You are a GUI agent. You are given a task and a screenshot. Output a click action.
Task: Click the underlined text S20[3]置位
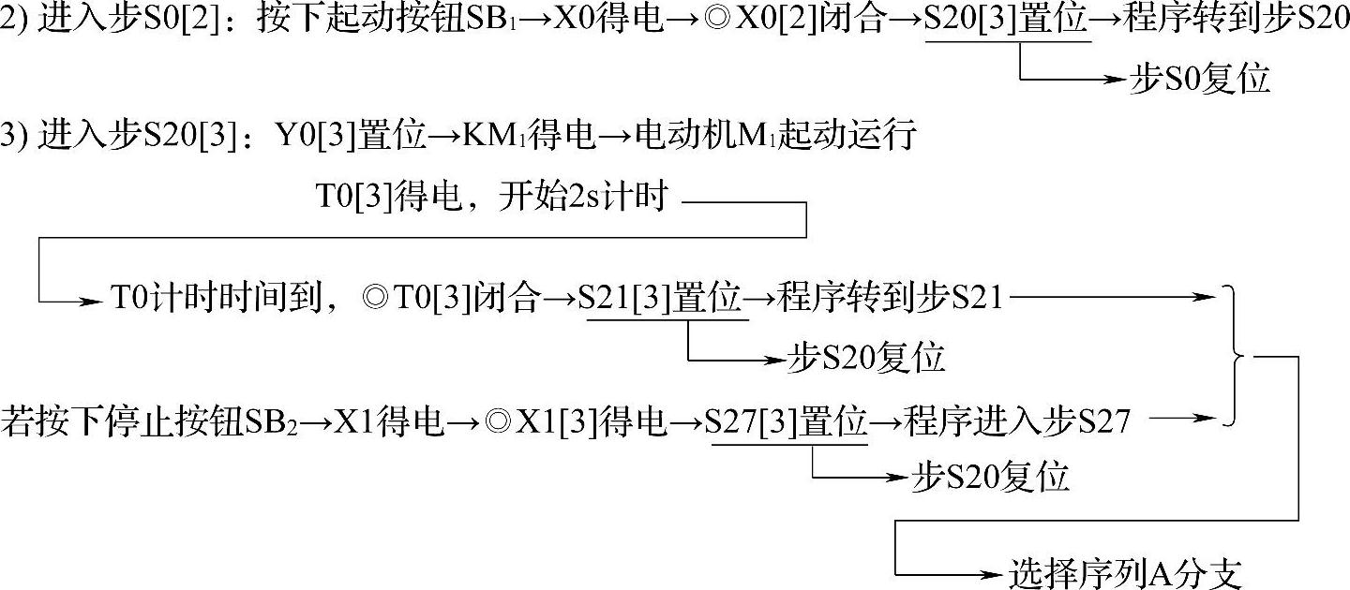tap(1007, 20)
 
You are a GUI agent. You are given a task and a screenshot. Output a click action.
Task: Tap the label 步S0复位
tap(1200, 80)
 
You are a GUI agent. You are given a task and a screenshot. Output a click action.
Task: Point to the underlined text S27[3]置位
tap(789, 423)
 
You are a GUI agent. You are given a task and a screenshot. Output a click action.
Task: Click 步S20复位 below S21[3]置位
tap(866, 359)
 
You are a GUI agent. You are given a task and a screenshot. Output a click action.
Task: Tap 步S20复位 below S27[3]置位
tap(990, 478)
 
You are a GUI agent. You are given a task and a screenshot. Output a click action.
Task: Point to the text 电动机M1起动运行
tap(774, 137)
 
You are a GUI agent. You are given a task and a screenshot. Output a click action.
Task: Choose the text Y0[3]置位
tap(349, 137)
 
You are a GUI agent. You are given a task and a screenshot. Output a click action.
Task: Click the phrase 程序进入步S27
tap(1016, 423)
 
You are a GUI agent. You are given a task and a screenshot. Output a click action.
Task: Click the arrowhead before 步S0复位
tap(1115, 80)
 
